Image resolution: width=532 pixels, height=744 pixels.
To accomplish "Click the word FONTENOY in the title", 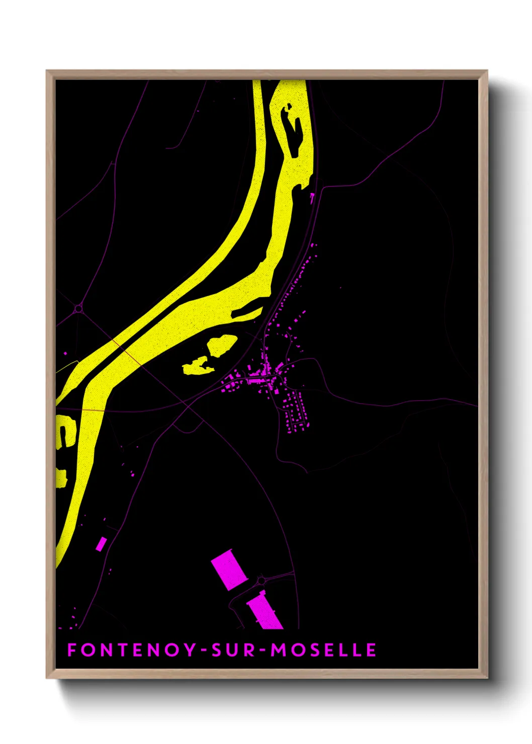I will [132, 650].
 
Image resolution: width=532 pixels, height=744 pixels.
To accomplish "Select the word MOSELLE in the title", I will [324, 650].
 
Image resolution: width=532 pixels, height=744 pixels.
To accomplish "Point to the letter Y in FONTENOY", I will [191, 650].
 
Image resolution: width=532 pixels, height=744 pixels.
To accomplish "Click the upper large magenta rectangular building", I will [229, 569].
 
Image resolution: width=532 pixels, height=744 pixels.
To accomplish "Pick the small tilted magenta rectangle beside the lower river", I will [101, 543].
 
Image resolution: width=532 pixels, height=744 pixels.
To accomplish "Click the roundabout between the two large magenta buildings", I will [261, 581].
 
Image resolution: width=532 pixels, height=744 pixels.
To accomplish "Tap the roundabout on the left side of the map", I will [78, 309].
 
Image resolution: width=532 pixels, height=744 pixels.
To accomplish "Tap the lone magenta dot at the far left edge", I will [65, 353].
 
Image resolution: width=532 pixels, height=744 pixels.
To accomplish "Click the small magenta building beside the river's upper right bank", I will [312, 198].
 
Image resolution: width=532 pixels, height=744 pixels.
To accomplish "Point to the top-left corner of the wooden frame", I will [47, 71].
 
